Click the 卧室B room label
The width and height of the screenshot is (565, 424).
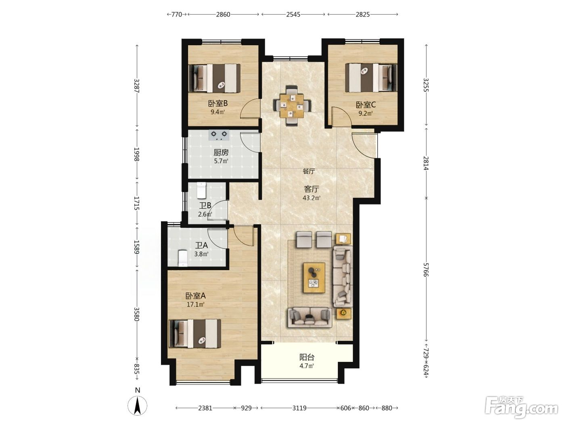click(x=218, y=103)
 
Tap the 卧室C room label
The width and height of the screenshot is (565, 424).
click(x=366, y=105)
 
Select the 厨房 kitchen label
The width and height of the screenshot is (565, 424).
click(x=221, y=153)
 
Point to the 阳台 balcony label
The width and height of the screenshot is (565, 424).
click(x=307, y=357)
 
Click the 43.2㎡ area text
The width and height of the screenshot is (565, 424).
click(x=312, y=198)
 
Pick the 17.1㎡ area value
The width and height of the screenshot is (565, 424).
click(x=196, y=304)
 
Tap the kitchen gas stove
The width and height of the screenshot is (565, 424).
click(x=219, y=135)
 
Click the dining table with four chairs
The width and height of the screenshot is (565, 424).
click(x=292, y=106)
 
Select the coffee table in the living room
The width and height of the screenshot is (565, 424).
click(x=314, y=277)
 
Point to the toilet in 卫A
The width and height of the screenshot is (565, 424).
click(x=182, y=258)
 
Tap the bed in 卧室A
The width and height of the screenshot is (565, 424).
click(x=195, y=334)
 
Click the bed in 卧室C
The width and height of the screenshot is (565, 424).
click(x=371, y=78)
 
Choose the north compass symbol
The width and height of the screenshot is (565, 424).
click(x=138, y=406)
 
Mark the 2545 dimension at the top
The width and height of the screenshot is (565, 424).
click(x=293, y=15)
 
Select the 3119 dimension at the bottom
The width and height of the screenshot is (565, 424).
click(x=299, y=408)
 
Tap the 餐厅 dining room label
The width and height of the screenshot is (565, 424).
click(x=309, y=171)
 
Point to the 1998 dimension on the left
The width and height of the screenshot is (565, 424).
click(x=137, y=155)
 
